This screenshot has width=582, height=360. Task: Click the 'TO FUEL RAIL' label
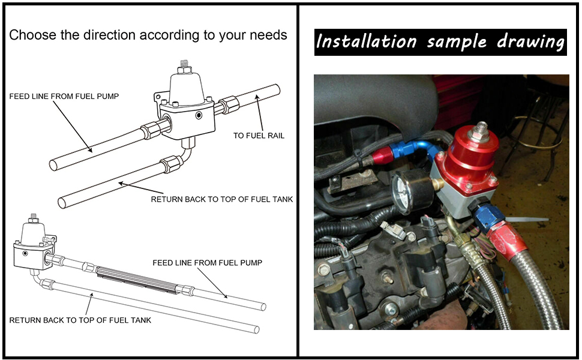point(259,136)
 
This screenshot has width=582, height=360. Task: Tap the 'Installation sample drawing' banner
point(440,42)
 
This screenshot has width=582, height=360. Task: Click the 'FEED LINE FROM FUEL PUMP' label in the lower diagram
point(207,263)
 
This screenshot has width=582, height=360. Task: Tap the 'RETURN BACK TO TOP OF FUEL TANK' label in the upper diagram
point(221,199)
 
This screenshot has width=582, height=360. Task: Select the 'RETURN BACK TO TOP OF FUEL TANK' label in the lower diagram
point(80,320)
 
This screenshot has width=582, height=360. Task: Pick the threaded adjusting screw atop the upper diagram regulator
point(185,64)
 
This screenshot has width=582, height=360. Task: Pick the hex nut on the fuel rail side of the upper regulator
point(229,106)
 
